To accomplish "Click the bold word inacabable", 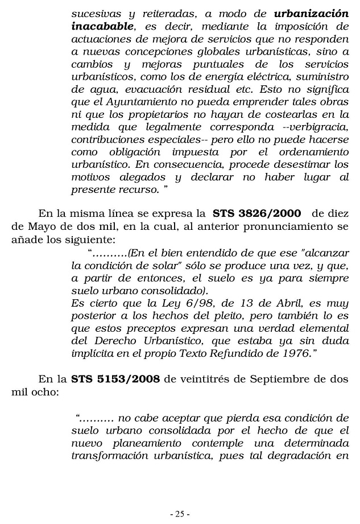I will (x=103, y=26).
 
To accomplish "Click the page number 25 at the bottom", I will (x=180, y=514).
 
